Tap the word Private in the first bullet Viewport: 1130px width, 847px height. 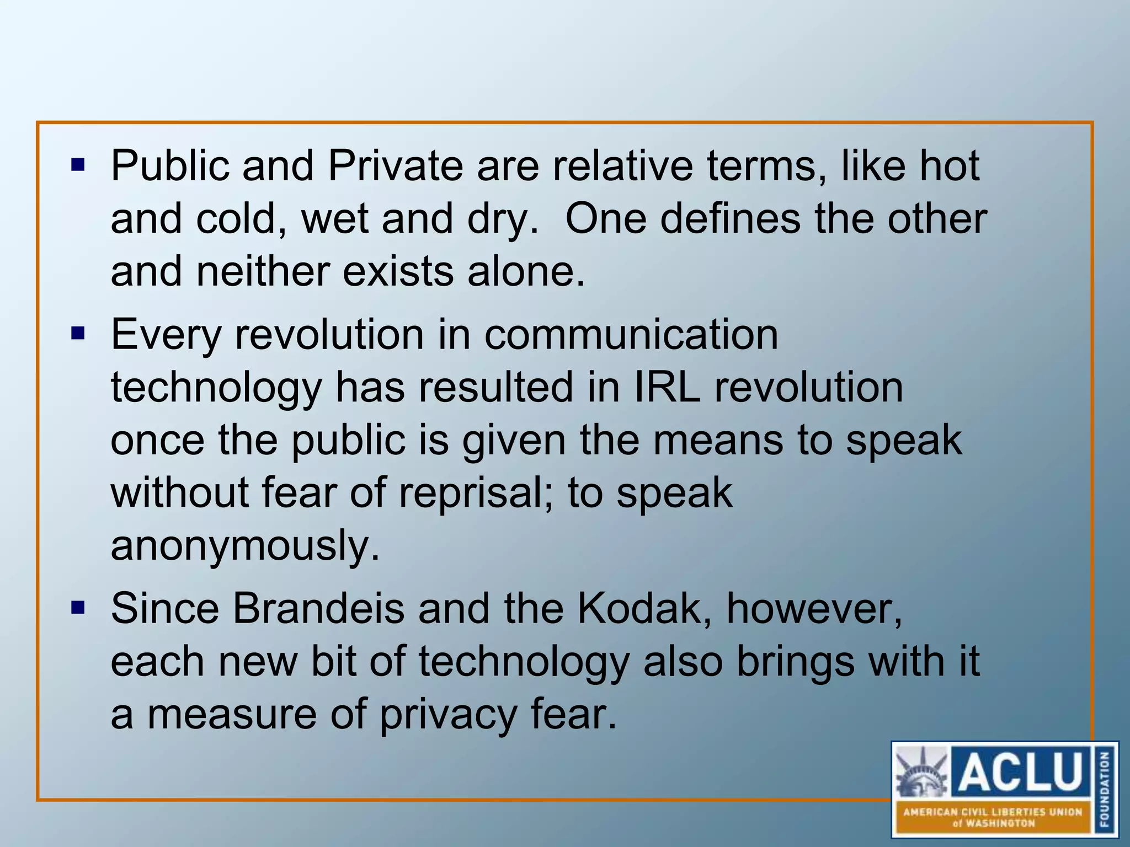point(395,167)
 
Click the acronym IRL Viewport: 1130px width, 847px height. point(667,387)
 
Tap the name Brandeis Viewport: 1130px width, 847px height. point(318,609)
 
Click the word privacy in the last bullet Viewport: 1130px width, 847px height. point(447,715)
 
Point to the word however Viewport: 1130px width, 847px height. point(814,609)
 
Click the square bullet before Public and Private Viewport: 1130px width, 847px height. point(78,164)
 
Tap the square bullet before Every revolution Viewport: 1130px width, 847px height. point(78,333)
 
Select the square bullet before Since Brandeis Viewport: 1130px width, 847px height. point(78,608)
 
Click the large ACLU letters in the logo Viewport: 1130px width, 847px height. point(1020,771)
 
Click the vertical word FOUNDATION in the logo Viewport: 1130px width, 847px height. point(1105,789)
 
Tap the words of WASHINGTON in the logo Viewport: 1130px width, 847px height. point(993,823)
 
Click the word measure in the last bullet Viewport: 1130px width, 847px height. point(231,715)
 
